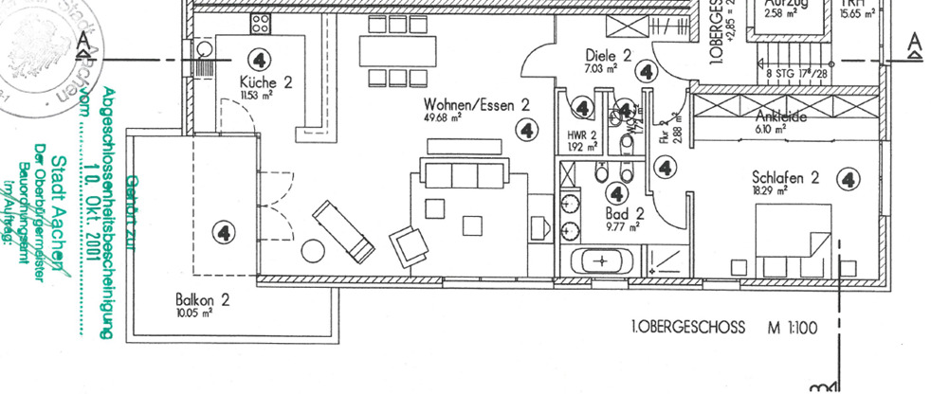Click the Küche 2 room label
tap(265, 83)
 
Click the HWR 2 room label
tap(581, 134)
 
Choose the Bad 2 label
tap(626, 214)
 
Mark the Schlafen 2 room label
tap(785, 177)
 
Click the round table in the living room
tap(313, 251)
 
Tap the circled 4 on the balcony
tap(224, 231)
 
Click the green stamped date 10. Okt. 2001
tap(92, 205)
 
